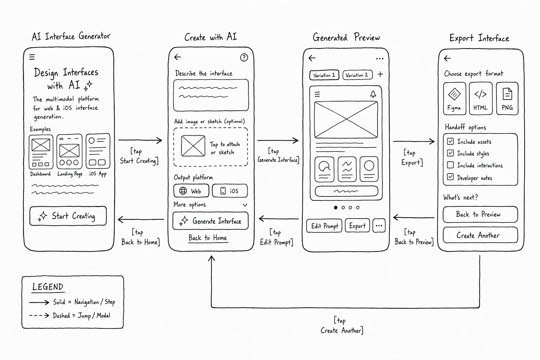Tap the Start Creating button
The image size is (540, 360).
68,216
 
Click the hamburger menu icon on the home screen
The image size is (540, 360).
32,57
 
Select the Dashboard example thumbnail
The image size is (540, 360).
41,152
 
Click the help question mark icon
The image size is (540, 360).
244,57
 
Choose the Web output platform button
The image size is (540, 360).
191,191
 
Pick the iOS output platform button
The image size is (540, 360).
230,191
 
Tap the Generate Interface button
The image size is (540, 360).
211,221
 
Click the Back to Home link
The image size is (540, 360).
208,238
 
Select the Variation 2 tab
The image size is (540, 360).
357,75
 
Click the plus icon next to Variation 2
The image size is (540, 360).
380,74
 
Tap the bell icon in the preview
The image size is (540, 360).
373,94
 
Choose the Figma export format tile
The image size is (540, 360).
455,98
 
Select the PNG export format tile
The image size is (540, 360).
507,98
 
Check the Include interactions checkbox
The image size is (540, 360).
450,165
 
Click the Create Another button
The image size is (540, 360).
480,235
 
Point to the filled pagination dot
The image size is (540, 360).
336,207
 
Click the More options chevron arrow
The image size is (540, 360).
245,205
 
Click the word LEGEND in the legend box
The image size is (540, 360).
48,287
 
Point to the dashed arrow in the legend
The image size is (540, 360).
39,315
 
